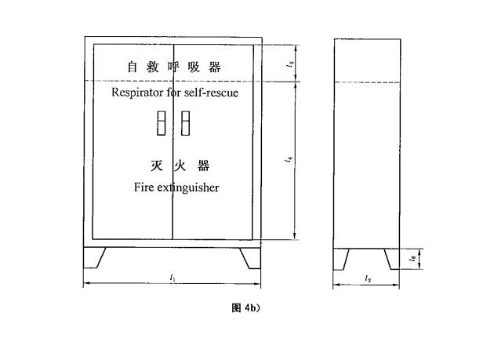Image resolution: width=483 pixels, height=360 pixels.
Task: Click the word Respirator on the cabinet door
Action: pos(137,93)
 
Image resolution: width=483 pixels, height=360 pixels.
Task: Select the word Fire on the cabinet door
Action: pos(143,187)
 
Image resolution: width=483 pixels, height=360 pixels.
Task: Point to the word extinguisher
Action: pos(188,187)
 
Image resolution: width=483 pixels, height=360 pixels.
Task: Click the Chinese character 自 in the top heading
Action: pos(133,67)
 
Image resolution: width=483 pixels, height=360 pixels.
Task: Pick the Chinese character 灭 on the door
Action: pos(157,165)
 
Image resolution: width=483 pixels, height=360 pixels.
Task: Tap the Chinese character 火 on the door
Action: pos(180,165)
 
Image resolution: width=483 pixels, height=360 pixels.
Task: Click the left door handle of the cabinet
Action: pos(161,123)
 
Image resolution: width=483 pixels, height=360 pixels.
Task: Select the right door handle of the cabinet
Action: pos(185,123)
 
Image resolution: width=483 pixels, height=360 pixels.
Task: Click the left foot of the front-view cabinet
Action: pos(93,257)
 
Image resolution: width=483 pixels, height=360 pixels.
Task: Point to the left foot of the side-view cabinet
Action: pos(340,260)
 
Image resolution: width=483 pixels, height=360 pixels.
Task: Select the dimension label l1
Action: pos(172,278)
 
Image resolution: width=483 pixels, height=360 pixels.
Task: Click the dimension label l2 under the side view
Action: pos(368,279)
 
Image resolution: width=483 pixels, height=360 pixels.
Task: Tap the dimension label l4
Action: pos(289,159)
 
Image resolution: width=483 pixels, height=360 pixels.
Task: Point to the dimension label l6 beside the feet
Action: pos(412,258)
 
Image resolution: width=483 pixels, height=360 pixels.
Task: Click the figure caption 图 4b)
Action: pos(246,307)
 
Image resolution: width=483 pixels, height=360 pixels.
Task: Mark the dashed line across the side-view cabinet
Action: pos(367,82)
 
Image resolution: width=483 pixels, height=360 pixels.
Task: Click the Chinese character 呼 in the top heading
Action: pos(173,67)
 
